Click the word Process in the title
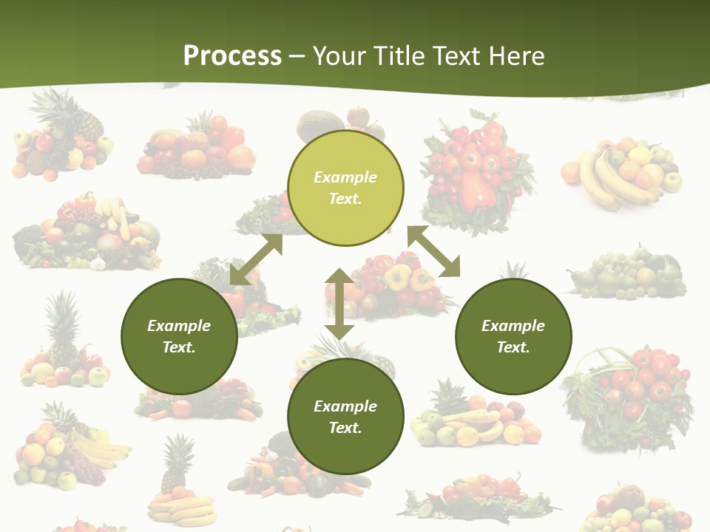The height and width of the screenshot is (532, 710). (232, 56)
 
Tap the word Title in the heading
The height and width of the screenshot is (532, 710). (402, 56)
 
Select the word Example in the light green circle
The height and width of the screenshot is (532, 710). (345, 177)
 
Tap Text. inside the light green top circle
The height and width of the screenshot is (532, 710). (345, 199)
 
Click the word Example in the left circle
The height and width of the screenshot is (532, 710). (179, 326)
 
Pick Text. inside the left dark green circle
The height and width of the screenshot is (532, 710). (179, 347)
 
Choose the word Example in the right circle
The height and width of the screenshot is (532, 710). (513, 326)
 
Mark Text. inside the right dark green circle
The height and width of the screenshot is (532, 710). (513, 347)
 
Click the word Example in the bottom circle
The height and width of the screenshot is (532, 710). (345, 406)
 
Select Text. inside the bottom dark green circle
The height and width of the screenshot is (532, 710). (345, 428)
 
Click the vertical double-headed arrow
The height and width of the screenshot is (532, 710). (339, 304)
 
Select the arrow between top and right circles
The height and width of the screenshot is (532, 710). (434, 251)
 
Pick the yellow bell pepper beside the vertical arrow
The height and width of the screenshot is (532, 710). (397, 277)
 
